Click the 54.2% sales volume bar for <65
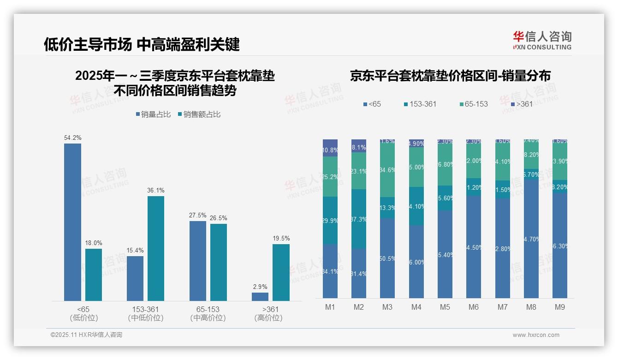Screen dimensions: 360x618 click(x=72, y=222)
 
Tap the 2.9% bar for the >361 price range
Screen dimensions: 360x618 click(x=260, y=296)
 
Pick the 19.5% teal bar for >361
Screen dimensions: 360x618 click(x=281, y=272)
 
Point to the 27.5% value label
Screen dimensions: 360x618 click(x=198, y=215)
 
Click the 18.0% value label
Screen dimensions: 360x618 click(x=94, y=243)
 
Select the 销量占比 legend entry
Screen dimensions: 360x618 click(x=155, y=114)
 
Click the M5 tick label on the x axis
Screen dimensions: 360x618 click(x=445, y=307)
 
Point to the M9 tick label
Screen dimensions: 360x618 click(x=559, y=307)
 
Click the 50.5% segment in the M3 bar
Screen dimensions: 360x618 click(x=387, y=258)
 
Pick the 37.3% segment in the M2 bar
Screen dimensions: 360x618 click(x=359, y=219)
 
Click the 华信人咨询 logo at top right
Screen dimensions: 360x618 click(x=542, y=40)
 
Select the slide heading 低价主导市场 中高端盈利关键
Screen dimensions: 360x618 click(x=142, y=45)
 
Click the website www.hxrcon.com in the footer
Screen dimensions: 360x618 click(x=536, y=335)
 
